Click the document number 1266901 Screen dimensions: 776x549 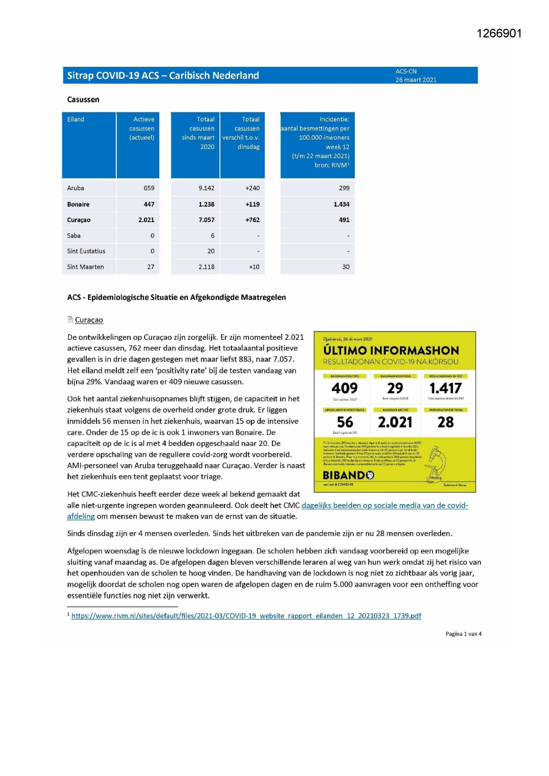click(499, 34)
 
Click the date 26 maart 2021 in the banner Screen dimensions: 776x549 click(416, 80)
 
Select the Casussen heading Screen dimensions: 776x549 click(83, 100)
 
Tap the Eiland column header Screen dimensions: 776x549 click(76, 119)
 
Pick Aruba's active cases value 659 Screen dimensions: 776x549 click(149, 188)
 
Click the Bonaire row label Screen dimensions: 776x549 click(78, 204)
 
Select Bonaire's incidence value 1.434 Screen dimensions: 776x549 click(341, 204)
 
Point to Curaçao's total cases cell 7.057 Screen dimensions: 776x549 click(206, 220)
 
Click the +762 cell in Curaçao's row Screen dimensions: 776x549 click(252, 220)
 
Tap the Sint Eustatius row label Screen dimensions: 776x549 click(86, 251)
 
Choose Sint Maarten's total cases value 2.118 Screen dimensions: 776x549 click(206, 267)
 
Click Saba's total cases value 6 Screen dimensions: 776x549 click(212, 236)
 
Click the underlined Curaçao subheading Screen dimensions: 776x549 click(89, 320)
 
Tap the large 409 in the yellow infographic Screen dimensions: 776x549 click(344, 388)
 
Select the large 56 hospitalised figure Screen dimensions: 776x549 click(345, 422)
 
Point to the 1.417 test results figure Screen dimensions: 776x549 click(445, 388)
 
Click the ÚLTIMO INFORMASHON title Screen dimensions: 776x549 click(391, 350)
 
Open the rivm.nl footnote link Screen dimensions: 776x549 click(246, 616)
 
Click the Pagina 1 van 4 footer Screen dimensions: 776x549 click(463, 634)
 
